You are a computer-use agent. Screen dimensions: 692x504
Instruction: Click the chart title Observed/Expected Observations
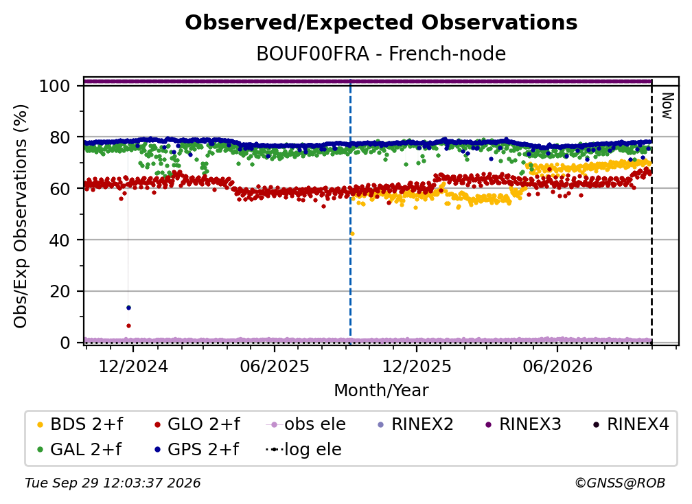tap(381, 23)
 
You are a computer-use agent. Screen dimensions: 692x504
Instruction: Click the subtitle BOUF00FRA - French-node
tap(381, 54)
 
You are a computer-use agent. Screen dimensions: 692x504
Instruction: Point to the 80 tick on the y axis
tap(60, 137)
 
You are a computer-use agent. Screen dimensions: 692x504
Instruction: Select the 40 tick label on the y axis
tap(60, 240)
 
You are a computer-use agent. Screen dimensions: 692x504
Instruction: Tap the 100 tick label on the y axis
tap(54, 86)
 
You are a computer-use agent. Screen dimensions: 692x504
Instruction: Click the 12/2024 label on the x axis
tap(133, 366)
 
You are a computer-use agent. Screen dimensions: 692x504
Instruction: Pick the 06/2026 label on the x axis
tap(557, 366)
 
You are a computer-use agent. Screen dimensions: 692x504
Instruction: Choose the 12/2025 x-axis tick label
tap(416, 366)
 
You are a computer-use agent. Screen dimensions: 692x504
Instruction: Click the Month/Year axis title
tap(381, 391)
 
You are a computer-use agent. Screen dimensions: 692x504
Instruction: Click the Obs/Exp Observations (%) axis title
tap(21, 216)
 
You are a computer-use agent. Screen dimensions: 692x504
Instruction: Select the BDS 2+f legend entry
tap(80, 424)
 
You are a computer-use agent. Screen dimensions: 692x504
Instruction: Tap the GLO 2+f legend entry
tap(197, 424)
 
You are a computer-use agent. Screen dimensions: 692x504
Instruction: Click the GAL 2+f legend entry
tap(80, 449)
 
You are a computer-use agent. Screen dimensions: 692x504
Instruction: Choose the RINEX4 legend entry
tap(631, 424)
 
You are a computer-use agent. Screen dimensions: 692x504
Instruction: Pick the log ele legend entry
tap(303, 449)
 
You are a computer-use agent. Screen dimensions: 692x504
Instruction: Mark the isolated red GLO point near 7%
tap(128, 325)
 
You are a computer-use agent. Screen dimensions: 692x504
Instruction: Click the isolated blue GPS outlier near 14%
tap(128, 308)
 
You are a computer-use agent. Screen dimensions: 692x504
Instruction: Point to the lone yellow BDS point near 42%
tap(352, 234)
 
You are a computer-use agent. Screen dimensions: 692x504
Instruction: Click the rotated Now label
tap(667, 106)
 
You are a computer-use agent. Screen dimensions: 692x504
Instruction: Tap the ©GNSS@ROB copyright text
tap(620, 483)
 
